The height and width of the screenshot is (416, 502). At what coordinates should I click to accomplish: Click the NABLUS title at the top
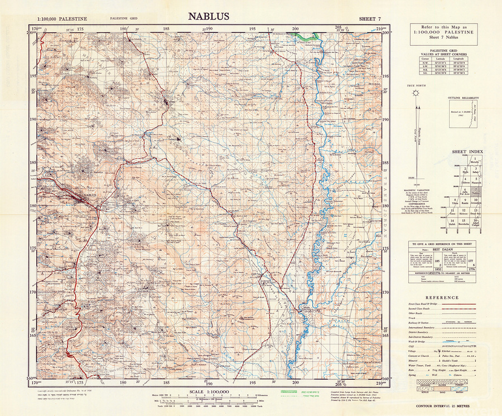[x=208, y=16]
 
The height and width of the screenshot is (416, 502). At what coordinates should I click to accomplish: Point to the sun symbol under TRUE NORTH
[x=416, y=93]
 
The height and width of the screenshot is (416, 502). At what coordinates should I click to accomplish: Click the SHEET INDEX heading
[x=467, y=152]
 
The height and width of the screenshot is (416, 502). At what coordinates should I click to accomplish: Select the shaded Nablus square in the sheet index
[x=476, y=191]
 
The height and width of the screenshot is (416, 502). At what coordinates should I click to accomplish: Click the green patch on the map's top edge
[x=306, y=35]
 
